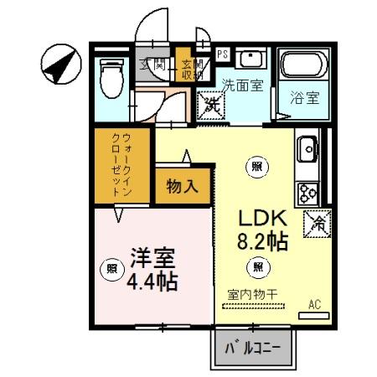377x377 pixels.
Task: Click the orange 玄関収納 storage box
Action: (186, 66)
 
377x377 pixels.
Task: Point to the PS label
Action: (222, 54)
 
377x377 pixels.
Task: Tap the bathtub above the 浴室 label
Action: (303, 66)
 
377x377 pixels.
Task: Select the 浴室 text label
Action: (303, 96)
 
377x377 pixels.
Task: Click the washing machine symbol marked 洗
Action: (209, 105)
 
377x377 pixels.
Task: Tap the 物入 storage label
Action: (182, 185)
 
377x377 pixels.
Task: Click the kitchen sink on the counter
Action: (307, 151)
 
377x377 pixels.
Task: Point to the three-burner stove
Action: (307, 192)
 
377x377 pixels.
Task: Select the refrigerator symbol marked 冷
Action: (318, 223)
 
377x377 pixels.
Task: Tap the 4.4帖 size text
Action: (152, 281)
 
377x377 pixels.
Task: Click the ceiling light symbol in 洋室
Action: (111, 269)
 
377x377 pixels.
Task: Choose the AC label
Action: (315, 304)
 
